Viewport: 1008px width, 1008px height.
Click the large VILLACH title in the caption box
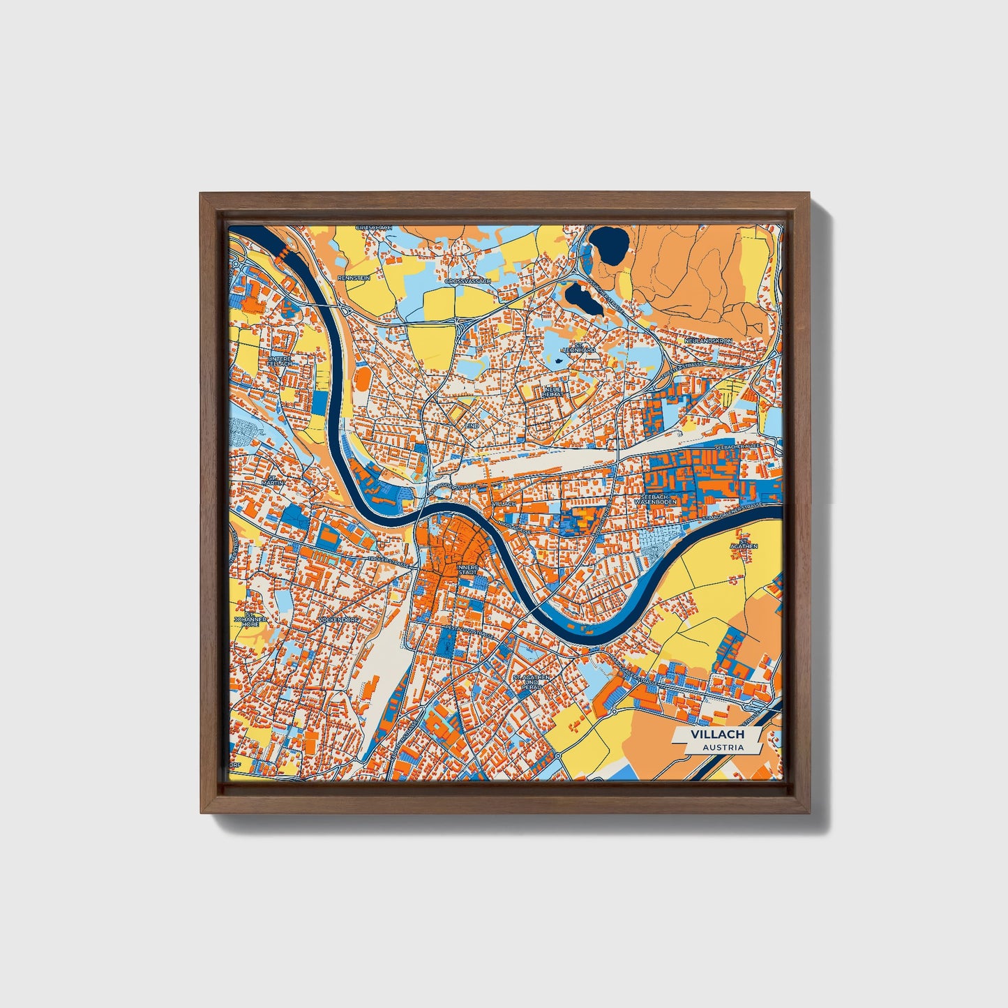click(717, 735)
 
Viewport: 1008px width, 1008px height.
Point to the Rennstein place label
click(352, 278)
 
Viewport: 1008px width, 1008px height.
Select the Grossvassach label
click(467, 281)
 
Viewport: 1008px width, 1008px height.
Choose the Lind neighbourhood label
click(472, 424)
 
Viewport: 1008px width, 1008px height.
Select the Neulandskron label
click(708, 340)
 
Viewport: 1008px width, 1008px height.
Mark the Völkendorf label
click(338, 619)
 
